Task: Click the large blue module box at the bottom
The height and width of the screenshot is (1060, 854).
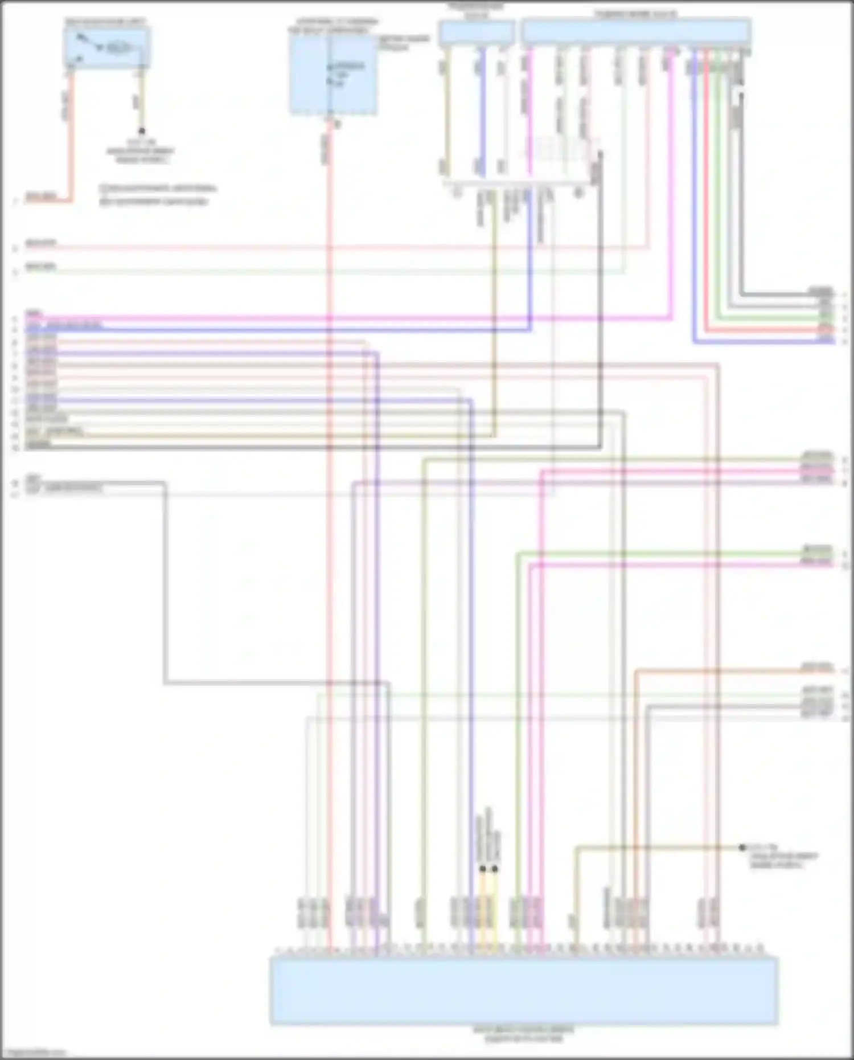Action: click(524, 991)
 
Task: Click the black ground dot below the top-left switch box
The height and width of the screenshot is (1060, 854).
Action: click(142, 131)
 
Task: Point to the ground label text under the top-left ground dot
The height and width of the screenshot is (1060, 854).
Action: click(141, 151)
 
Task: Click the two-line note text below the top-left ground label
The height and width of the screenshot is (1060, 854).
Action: click(157, 194)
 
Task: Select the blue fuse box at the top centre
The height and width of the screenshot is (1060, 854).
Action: click(333, 74)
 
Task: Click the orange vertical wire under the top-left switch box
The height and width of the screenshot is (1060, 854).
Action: click(71, 137)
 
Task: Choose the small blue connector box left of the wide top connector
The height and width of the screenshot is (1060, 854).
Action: click(477, 32)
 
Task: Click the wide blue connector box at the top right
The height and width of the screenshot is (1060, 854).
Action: click(635, 32)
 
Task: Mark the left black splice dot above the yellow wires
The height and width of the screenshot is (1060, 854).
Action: click(483, 869)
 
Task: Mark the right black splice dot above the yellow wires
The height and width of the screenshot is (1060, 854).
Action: click(495, 869)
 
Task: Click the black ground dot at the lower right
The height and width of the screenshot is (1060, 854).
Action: click(742, 848)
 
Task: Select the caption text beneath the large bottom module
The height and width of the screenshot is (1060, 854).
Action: click(524, 1034)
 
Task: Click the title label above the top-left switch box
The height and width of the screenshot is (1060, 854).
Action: click(105, 22)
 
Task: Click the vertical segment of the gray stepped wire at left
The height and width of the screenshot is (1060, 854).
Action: click(166, 581)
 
